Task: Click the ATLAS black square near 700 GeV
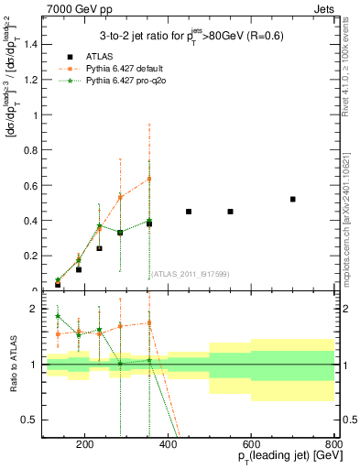coord(293,199)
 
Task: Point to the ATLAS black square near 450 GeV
coord(189,212)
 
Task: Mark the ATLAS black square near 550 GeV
coord(231,212)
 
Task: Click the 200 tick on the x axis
coord(84,446)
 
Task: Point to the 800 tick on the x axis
coord(335,446)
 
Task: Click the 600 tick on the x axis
coord(252,446)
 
